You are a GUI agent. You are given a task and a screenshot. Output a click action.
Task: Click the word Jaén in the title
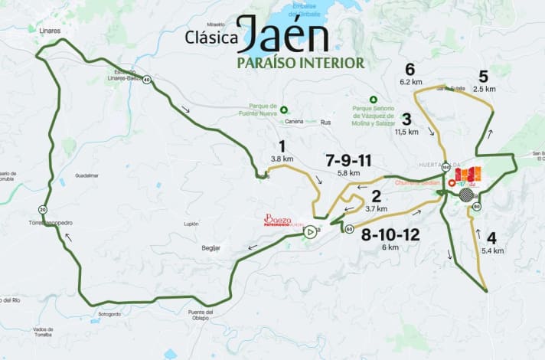[282, 36]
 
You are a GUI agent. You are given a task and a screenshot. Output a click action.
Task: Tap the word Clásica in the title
[210, 36]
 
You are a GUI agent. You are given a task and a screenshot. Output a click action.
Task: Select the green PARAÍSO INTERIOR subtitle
[300, 62]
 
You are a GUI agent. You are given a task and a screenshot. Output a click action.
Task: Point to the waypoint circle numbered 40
[146, 79]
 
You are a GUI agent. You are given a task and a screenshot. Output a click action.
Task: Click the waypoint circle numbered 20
[43, 209]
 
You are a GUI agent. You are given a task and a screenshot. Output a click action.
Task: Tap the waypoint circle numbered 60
[349, 229]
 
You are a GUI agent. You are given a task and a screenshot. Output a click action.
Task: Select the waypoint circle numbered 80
[477, 206]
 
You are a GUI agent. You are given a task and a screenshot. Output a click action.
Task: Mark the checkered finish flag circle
[465, 195]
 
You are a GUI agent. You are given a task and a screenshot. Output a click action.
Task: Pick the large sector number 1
[282, 146]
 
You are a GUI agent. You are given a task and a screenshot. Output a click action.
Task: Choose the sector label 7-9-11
[348, 161]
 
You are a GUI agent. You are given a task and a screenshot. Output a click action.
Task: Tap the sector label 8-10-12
[390, 234]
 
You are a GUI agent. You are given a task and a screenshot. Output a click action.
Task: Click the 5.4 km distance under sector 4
[493, 250]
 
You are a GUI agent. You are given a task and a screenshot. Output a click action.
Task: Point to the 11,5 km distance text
[406, 132]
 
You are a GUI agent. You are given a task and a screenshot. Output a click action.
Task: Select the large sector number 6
[410, 68]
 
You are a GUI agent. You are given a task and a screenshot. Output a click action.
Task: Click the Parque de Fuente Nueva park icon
[283, 110]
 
